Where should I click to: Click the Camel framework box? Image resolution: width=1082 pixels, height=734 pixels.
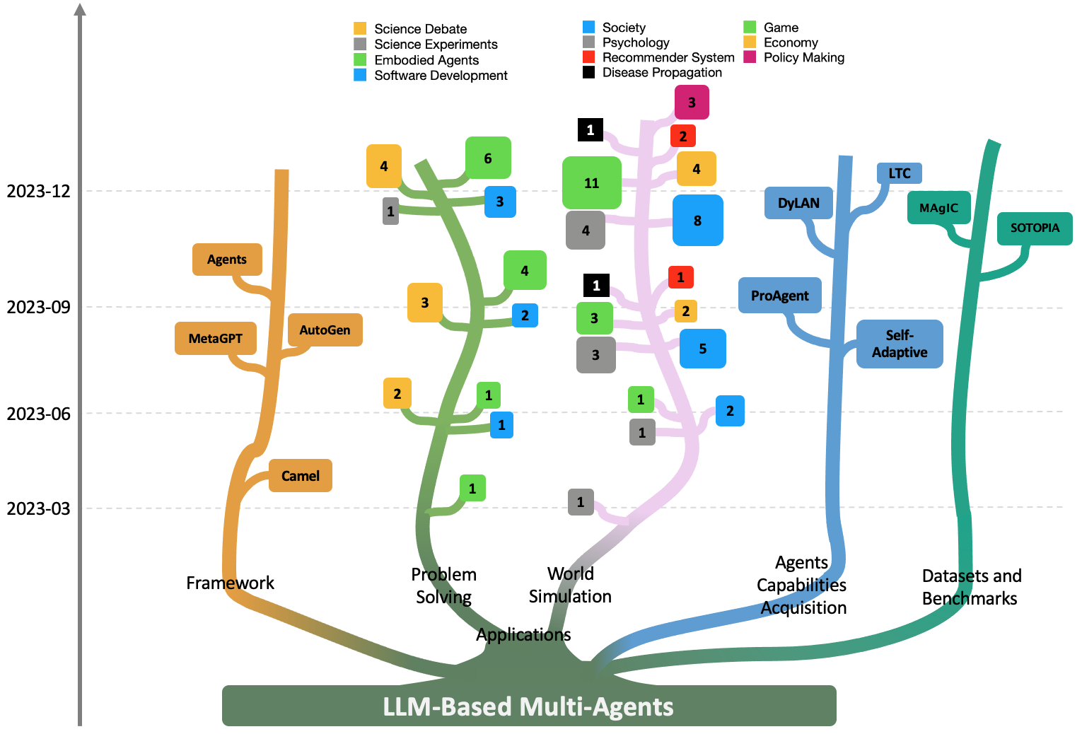[x=301, y=476]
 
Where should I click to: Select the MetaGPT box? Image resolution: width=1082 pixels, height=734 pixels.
[x=216, y=339]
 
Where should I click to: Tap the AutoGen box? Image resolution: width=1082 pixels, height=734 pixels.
[x=325, y=330]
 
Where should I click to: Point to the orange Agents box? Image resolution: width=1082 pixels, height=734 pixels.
[x=227, y=260]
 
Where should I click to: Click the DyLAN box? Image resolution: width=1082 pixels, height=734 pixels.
[x=798, y=203]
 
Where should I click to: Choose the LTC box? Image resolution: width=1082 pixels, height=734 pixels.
[x=900, y=173]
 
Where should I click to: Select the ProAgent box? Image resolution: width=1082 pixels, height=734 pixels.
[x=779, y=295]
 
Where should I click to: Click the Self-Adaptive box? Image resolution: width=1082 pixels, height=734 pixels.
[x=900, y=344]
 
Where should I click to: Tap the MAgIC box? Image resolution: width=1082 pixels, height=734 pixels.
[x=938, y=208]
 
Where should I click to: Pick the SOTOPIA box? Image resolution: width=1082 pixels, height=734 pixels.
[x=1035, y=228]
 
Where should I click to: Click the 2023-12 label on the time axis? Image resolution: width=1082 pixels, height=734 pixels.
[x=39, y=191]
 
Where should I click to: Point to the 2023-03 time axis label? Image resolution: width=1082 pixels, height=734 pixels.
[x=39, y=508]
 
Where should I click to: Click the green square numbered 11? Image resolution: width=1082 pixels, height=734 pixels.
[x=592, y=182]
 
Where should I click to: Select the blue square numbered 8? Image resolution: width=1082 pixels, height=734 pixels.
[x=697, y=220]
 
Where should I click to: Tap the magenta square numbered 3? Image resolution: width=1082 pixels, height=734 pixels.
[x=692, y=103]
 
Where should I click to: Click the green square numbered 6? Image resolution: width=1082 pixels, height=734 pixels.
[x=488, y=158]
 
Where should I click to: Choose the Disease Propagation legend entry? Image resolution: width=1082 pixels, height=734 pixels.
[x=653, y=72]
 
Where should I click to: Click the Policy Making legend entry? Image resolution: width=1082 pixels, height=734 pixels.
[x=794, y=57]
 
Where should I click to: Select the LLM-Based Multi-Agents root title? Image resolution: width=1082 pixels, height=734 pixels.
[x=528, y=706]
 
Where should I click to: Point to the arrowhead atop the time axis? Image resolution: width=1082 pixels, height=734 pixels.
[x=80, y=8]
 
